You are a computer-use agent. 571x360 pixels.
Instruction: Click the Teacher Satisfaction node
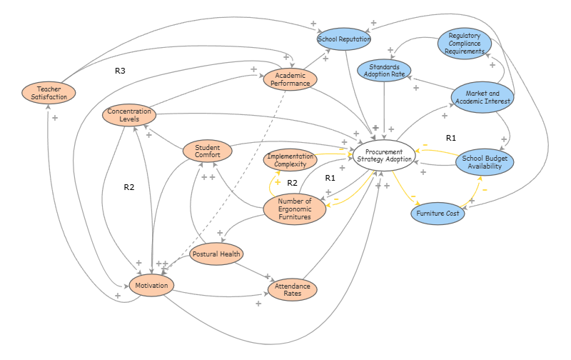click(47, 92)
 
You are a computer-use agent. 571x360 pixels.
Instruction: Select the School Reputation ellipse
click(344, 39)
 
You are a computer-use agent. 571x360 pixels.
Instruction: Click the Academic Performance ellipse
click(290, 78)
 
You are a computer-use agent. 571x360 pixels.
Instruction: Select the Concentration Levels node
click(129, 114)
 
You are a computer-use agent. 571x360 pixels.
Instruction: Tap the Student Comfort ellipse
click(208, 151)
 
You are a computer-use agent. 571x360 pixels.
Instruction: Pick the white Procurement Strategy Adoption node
click(384, 155)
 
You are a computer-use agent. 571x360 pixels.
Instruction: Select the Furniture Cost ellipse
click(438, 212)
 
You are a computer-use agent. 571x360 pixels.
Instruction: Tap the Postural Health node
click(218, 254)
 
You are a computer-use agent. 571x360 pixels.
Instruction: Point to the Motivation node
click(151, 286)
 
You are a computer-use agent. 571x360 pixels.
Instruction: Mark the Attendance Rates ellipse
click(292, 289)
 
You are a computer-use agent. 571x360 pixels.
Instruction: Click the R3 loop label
click(120, 71)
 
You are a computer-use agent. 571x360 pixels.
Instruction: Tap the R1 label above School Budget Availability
click(450, 137)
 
